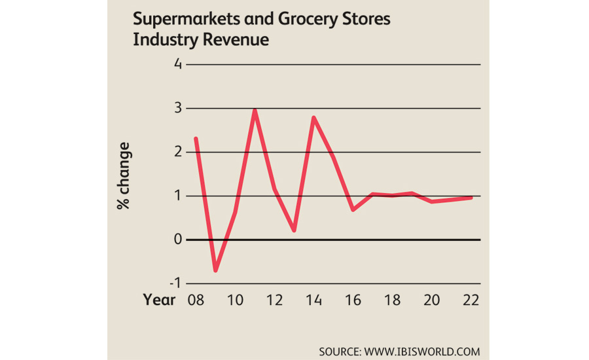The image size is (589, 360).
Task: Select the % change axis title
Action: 123,175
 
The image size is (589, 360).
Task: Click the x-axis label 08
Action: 196,300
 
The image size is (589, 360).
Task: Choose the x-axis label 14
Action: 313,300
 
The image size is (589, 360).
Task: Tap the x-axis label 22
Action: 471,300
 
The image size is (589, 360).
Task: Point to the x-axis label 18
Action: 392,300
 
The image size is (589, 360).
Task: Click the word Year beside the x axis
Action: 160,300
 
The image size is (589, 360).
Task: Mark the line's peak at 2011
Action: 255,109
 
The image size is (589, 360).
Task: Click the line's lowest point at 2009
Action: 215,270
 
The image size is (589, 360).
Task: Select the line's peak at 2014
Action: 314,118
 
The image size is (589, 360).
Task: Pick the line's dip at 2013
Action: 294,230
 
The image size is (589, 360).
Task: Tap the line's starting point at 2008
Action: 196,138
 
